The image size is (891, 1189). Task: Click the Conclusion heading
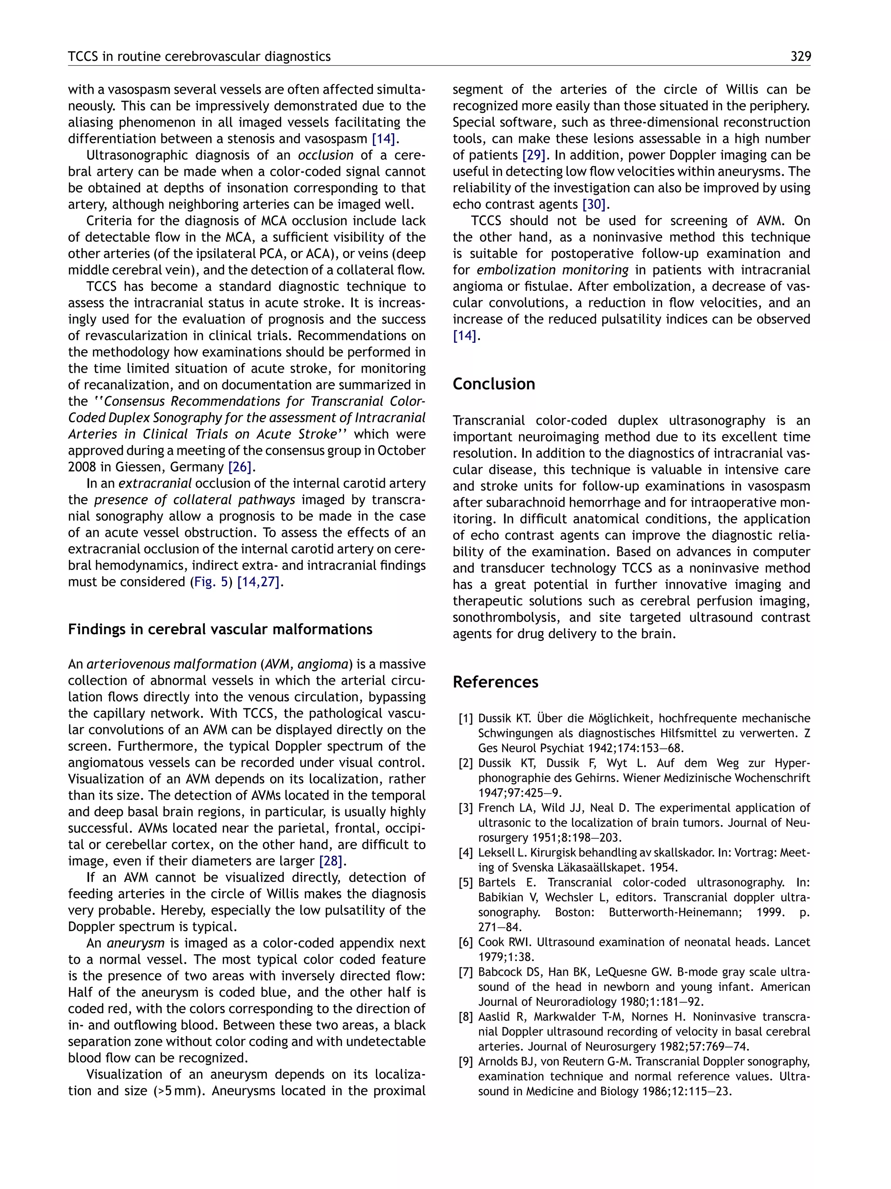[x=493, y=384]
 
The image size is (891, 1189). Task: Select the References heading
[x=495, y=682]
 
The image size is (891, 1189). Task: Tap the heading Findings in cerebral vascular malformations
[x=220, y=630]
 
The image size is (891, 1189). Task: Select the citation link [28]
[x=330, y=861]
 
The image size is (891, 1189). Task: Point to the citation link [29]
[x=534, y=155]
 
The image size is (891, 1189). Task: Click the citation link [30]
[x=594, y=205]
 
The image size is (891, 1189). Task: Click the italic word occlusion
[x=325, y=155]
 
